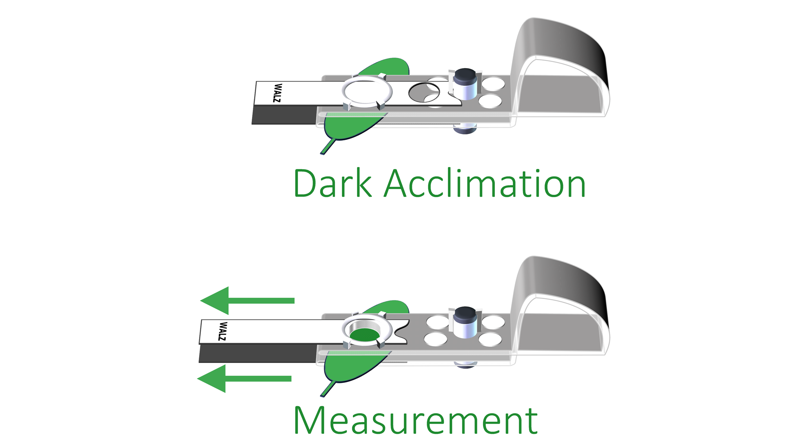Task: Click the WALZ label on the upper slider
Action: pos(277,93)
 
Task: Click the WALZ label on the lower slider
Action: pos(222,331)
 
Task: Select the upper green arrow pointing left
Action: pos(247,301)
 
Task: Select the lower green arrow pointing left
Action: pos(244,379)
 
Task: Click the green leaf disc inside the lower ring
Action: pos(365,335)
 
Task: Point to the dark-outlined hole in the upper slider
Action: pos(423,93)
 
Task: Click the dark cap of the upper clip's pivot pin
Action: pos(465,75)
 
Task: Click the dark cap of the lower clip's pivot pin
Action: pos(465,313)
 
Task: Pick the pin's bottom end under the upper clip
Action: pos(465,129)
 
